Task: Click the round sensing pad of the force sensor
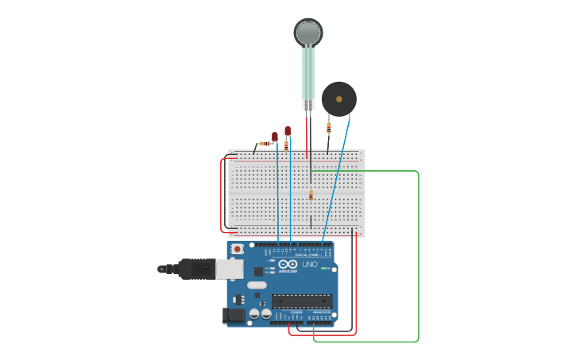(308, 32)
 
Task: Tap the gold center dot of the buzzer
(339, 99)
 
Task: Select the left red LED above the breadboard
(275, 137)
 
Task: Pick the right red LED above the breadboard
(288, 131)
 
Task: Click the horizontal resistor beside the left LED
(262, 144)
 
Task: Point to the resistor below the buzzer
(329, 127)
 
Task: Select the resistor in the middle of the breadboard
(311, 195)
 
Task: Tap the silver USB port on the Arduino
(230, 269)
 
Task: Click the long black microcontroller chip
(302, 301)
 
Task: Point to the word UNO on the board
(310, 264)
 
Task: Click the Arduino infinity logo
(288, 264)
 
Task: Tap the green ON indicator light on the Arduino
(325, 269)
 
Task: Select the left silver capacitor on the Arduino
(254, 314)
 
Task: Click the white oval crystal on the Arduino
(257, 285)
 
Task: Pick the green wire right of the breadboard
(418, 254)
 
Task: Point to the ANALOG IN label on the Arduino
(320, 313)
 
